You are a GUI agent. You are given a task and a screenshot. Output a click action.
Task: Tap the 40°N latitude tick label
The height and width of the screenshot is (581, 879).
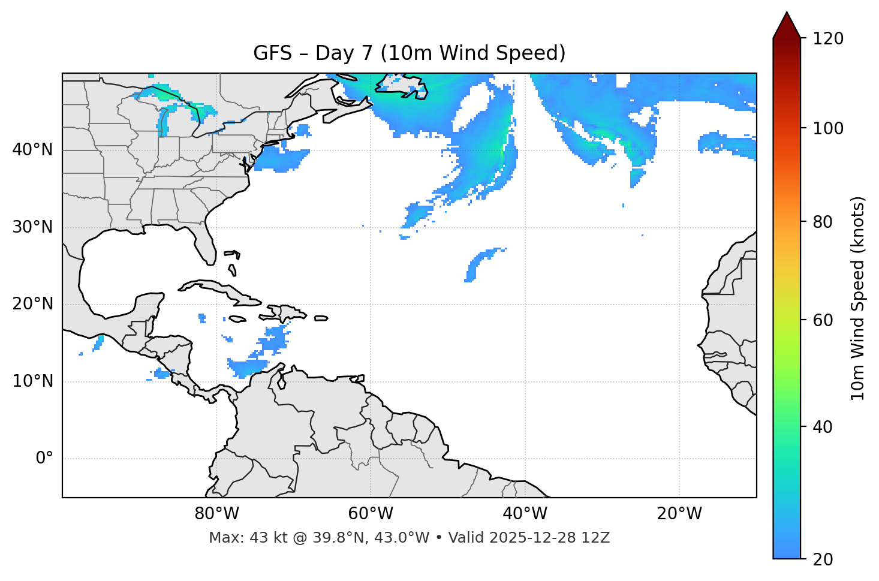pos(32,150)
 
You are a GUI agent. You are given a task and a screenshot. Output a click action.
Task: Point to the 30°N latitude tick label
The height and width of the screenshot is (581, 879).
pos(32,227)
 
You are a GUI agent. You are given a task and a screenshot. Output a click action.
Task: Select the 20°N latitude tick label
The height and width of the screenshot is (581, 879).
pos(32,304)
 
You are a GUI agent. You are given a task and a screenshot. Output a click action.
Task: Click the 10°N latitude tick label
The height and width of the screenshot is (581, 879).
pos(32,381)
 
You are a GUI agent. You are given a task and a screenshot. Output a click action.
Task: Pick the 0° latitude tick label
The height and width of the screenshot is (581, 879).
pos(44,459)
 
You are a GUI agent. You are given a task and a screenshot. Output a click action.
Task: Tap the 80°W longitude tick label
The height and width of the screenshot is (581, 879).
pos(216,514)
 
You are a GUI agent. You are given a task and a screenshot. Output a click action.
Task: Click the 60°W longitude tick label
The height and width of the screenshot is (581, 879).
pos(371,514)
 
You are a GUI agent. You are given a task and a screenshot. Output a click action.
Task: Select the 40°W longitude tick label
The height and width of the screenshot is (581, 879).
pos(525,514)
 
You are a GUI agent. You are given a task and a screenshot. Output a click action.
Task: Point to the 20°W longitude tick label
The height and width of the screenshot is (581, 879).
pos(679,514)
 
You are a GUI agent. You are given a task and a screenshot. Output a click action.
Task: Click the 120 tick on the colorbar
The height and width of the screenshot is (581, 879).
pos(828,38)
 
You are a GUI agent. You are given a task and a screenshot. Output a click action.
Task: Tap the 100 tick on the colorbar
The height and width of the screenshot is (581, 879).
pos(828,128)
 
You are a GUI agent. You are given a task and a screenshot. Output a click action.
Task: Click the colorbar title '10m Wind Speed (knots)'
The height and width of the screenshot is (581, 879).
pos(858,298)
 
